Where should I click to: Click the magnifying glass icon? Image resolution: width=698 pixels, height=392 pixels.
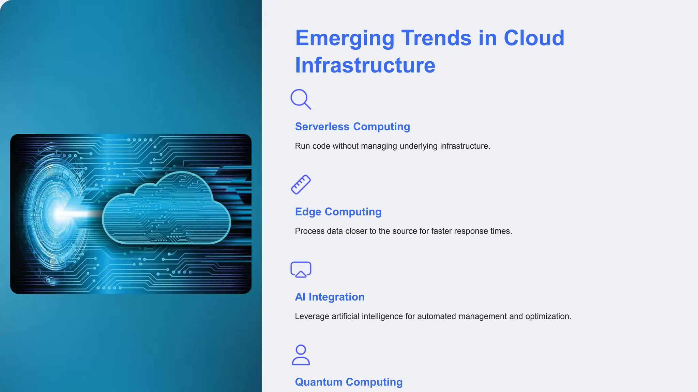click(x=300, y=99)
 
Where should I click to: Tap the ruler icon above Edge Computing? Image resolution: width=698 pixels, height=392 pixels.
click(x=301, y=184)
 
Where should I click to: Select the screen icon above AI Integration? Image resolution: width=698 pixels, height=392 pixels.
click(x=301, y=269)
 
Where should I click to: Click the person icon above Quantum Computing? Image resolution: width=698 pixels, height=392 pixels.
click(x=301, y=355)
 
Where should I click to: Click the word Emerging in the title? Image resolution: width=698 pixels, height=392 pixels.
click(x=345, y=38)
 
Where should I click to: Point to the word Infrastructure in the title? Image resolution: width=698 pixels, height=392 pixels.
click(x=365, y=65)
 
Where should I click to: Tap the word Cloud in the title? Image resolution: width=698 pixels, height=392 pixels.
click(x=534, y=38)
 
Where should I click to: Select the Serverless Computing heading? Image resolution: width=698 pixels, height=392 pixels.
click(x=352, y=127)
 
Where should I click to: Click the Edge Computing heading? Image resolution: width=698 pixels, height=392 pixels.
click(x=338, y=212)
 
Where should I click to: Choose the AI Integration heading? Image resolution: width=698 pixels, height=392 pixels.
click(x=330, y=297)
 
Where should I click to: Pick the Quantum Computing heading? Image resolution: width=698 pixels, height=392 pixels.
click(x=349, y=382)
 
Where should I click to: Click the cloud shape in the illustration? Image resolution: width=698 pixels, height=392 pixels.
click(x=167, y=211)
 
